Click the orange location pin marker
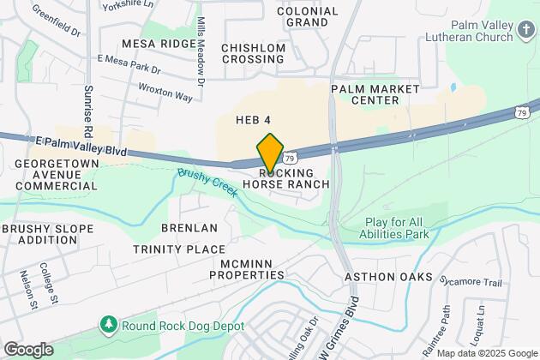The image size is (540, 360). click(270, 153)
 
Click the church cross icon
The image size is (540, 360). click(526, 32)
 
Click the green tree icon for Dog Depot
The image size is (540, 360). click(108, 324)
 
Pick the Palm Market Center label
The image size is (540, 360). click(375, 94)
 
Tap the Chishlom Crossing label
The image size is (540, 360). click(253, 53)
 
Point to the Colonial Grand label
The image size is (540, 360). click(307, 17)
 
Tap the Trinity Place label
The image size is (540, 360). click(179, 249)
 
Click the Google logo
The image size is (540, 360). click(27, 349)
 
